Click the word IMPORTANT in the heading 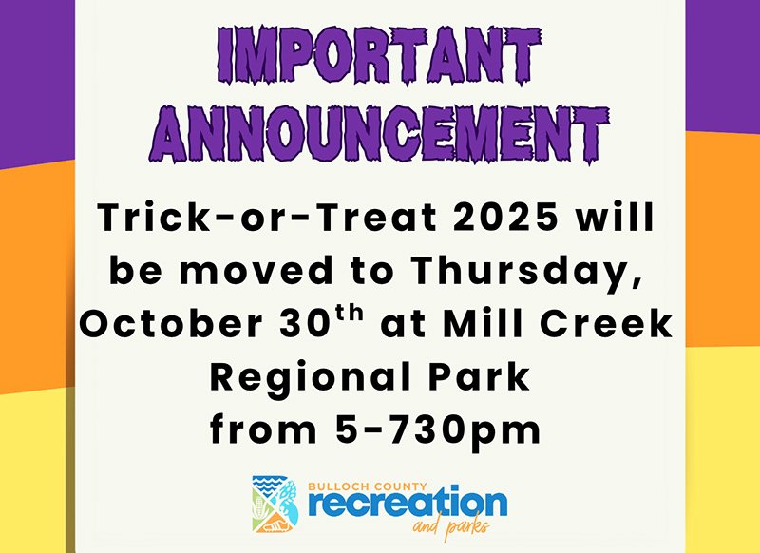pyautogui.click(x=378, y=55)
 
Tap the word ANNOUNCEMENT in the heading pyautogui.click(x=378, y=134)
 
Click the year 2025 pyautogui.click(x=506, y=218)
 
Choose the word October pyautogui.click(x=172, y=324)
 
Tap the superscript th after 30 pyautogui.click(x=350, y=314)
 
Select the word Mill pyautogui.click(x=484, y=323)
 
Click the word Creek pyautogui.click(x=606, y=323)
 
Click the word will pyautogui.click(x=615, y=218)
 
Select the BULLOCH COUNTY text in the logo pyautogui.click(x=368, y=486)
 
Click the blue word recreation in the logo pyautogui.click(x=408, y=504)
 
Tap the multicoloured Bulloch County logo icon pyautogui.click(x=275, y=504)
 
